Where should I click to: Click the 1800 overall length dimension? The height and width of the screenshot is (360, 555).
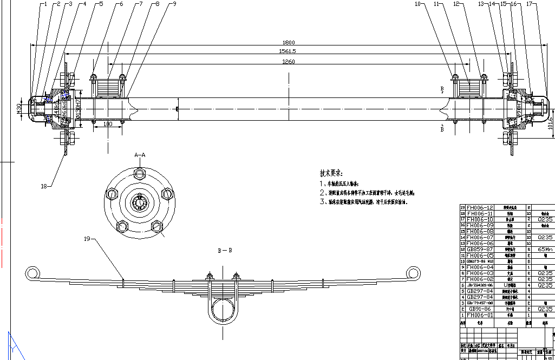point(289,42)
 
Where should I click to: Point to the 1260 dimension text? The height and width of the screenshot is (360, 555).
point(289,62)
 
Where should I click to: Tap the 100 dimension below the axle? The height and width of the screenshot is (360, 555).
point(107,125)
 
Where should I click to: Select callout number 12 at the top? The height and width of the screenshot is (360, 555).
point(456,4)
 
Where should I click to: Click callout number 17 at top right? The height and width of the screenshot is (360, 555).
point(529,4)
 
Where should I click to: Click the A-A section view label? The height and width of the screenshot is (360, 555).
point(140,155)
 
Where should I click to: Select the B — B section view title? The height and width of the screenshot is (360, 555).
point(225,251)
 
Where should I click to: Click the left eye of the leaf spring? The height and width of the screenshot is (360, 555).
point(35,272)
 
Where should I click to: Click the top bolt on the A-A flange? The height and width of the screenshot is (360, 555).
point(140,174)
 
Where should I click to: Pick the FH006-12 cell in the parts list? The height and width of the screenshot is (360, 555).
point(480,208)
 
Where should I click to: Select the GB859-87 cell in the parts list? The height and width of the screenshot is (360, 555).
point(480,249)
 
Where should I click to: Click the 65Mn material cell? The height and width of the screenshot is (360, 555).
point(545,249)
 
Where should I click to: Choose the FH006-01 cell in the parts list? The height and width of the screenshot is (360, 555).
point(480,315)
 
